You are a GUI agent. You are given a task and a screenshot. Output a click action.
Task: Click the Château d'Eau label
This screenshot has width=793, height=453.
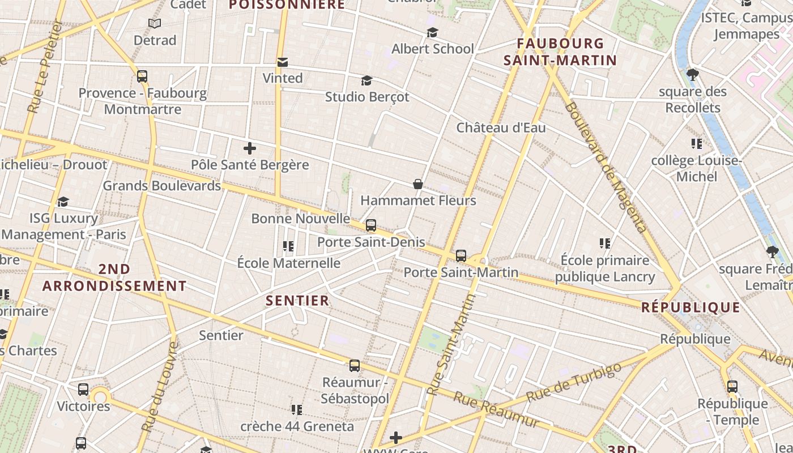pyautogui.click(x=501, y=127)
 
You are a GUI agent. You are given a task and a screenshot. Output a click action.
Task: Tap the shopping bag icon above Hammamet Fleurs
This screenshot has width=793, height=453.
pyautogui.click(x=418, y=184)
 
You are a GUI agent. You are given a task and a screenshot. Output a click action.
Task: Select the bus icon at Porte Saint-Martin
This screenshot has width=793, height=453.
pyautogui.click(x=461, y=255)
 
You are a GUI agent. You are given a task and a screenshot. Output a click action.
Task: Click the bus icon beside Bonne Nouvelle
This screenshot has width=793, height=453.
pyautogui.click(x=371, y=225)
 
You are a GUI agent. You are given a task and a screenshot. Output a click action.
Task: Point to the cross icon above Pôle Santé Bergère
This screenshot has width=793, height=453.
pyautogui.click(x=249, y=149)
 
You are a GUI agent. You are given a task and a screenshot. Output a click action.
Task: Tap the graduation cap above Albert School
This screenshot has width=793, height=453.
pyautogui.click(x=432, y=33)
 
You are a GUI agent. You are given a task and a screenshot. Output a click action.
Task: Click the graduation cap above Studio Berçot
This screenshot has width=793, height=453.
pyautogui.click(x=367, y=81)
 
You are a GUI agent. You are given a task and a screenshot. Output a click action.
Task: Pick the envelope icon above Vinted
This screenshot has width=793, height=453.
pyautogui.click(x=282, y=62)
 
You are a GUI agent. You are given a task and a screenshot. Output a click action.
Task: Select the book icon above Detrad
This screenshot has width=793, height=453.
pyautogui.click(x=155, y=24)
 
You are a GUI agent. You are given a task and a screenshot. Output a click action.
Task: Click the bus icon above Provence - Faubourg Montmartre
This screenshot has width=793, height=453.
pyautogui.click(x=142, y=76)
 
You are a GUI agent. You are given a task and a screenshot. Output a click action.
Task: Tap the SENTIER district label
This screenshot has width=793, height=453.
pyautogui.click(x=297, y=301)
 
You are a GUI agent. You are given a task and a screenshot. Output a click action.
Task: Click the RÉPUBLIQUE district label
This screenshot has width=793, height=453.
pyautogui.click(x=690, y=307)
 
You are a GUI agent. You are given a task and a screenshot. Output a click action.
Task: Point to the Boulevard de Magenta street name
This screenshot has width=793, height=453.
pyautogui.click(x=606, y=167)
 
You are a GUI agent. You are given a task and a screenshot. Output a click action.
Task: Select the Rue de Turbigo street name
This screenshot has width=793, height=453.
pyautogui.click(x=573, y=383)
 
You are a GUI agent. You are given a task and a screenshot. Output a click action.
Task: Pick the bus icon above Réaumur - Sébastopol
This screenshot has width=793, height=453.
pyautogui.click(x=355, y=366)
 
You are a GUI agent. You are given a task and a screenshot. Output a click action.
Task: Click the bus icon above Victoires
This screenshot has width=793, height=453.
pyautogui.click(x=83, y=390)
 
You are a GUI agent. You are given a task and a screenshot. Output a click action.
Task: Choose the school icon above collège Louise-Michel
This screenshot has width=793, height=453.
pyautogui.click(x=696, y=144)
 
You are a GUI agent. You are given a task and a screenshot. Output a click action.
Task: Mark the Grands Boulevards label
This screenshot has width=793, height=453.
pyautogui.click(x=161, y=186)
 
